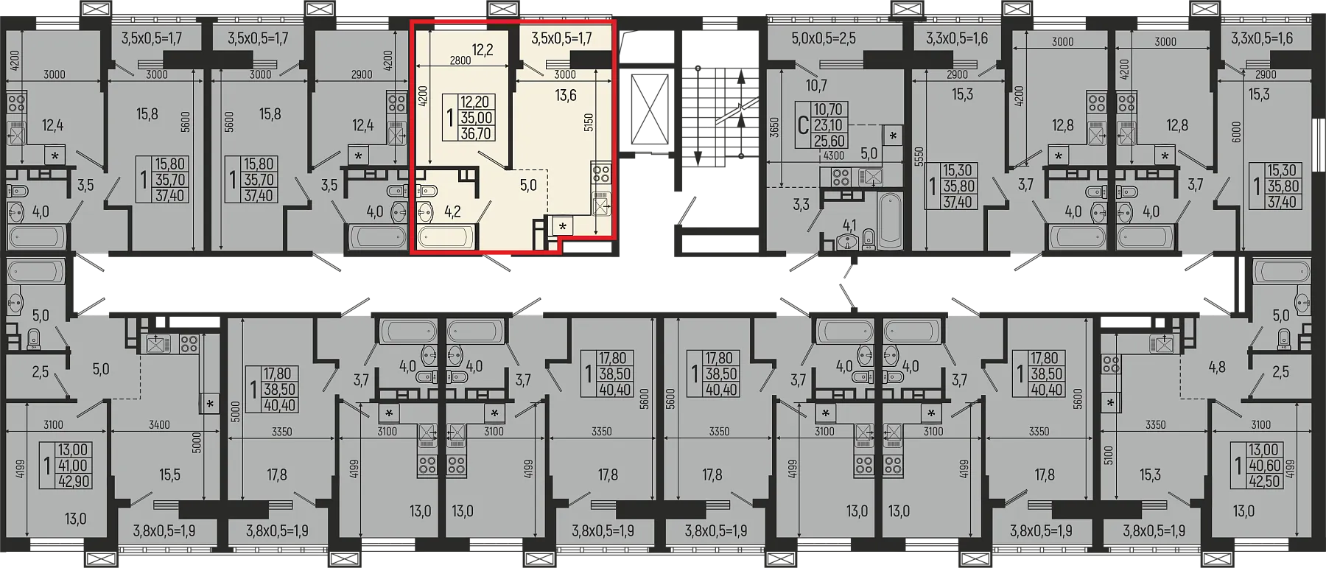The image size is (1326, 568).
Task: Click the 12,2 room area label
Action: click(x=483, y=50)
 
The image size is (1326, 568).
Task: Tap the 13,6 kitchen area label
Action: click(x=566, y=95)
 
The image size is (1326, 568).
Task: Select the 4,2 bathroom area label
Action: click(x=452, y=211)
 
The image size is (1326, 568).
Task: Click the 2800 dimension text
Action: click(x=460, y=61)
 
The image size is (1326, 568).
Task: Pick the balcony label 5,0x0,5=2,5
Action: click(x=824, y=38)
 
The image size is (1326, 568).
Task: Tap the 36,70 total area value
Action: click(x=476, y=133)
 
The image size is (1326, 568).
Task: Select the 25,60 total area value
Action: click(x=829, y=141)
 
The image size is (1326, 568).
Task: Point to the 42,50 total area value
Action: click(x=1264, y=480)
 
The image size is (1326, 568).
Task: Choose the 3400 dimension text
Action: click(x=159, y=425)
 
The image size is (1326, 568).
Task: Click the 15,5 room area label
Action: click(x=169, y=475)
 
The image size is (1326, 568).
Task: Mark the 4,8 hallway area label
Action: click(x=1217, y=365)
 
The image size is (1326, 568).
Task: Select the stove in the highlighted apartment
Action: click(x=601, y=175)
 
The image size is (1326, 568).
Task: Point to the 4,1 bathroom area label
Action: click(x=849, y=225)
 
